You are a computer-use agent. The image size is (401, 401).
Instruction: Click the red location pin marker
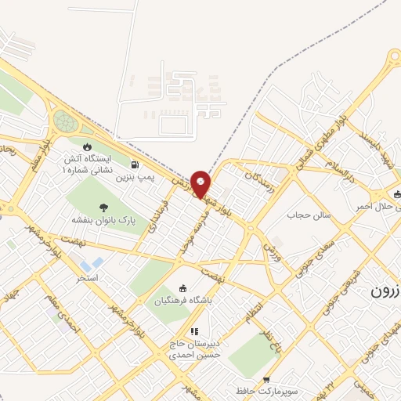point(201,183)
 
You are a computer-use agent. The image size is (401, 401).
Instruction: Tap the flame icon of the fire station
point(87,146)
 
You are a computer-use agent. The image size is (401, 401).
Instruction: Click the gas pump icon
point(136,165)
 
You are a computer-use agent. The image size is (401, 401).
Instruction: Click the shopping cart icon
point(267,378)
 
